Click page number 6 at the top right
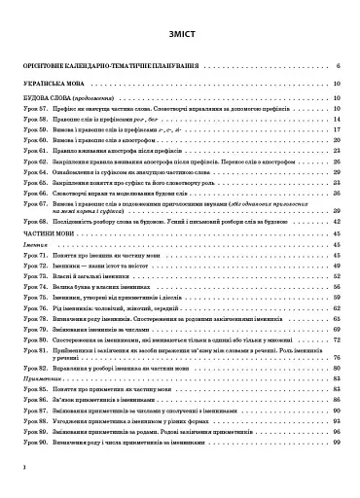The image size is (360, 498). (x=336, y=66)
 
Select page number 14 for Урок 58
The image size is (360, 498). (x=334, y=118)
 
